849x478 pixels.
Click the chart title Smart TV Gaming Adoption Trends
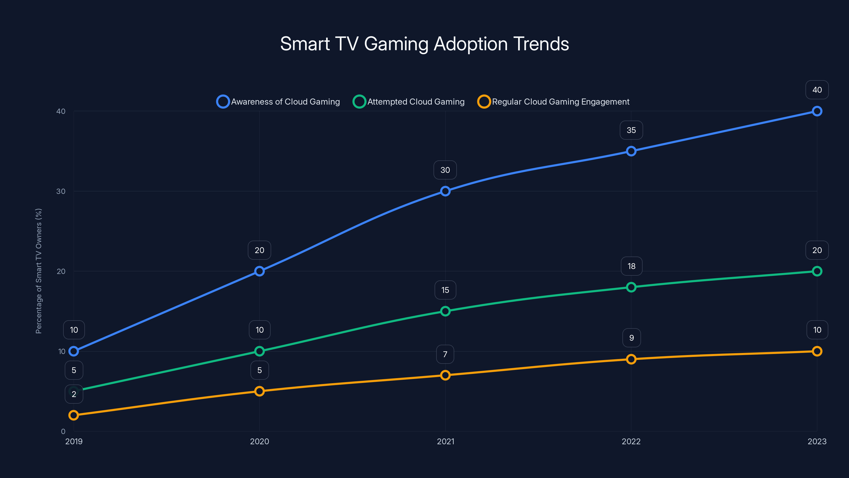click(x=424, y=44)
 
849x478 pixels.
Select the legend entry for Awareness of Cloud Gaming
click(x=279, y=102)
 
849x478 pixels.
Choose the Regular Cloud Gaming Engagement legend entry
click(x=554, y=102)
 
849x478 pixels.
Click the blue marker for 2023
click(x=817, y=111)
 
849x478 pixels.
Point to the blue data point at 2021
click(x=445, y=191)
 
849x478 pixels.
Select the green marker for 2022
click(x=631, y=287)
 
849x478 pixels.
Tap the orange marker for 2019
click(x=73, y=415)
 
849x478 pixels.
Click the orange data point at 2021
click(x=445, y=375)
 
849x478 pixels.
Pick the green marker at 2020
click(x=259, y=351)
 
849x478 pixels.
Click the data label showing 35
click(x=631, y=130)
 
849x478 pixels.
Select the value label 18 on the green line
click(x=631, y=266)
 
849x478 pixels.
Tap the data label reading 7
click(x=445, y=354)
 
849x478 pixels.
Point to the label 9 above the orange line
click(x=631, y=338)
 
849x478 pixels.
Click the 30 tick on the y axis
click(x=61, y=191)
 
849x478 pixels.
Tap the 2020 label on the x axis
click(x=259, y=441)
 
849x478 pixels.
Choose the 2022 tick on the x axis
click(x=631, y=441)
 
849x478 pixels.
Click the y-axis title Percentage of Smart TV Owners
click(x=38, y=271)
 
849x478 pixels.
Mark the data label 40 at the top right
click(x=817, y=90)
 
